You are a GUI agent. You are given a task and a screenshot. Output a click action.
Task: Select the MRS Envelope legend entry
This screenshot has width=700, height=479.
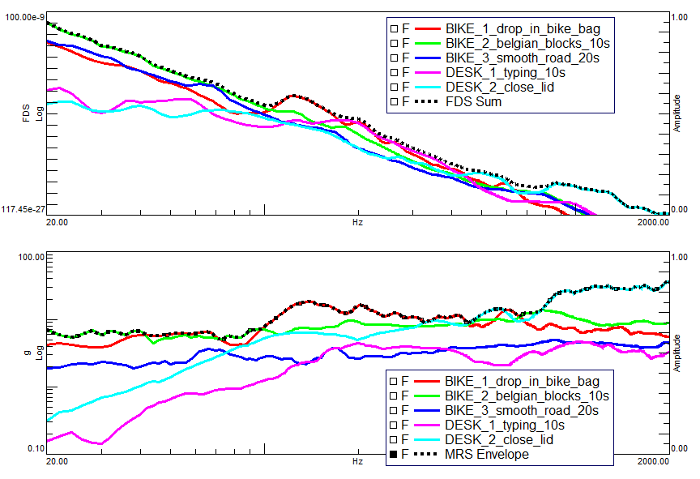(487, 454)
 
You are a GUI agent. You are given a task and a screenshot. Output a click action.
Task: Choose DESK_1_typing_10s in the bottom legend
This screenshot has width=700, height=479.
(505, 425)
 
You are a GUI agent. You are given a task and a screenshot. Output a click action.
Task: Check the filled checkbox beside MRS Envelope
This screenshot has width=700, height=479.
(393, 455)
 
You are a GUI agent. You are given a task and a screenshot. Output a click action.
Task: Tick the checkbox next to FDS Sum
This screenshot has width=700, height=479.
(393, 102)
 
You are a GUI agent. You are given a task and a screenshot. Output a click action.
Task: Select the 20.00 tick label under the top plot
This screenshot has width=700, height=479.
(57, 221)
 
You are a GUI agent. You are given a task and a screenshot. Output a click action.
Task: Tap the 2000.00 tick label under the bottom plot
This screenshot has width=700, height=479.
(653, 460)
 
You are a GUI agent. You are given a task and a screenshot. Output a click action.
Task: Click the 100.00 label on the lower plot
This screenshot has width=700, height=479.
(29, 257)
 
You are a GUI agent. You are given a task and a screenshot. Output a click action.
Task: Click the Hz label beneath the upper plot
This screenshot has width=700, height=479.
(357, 221)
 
